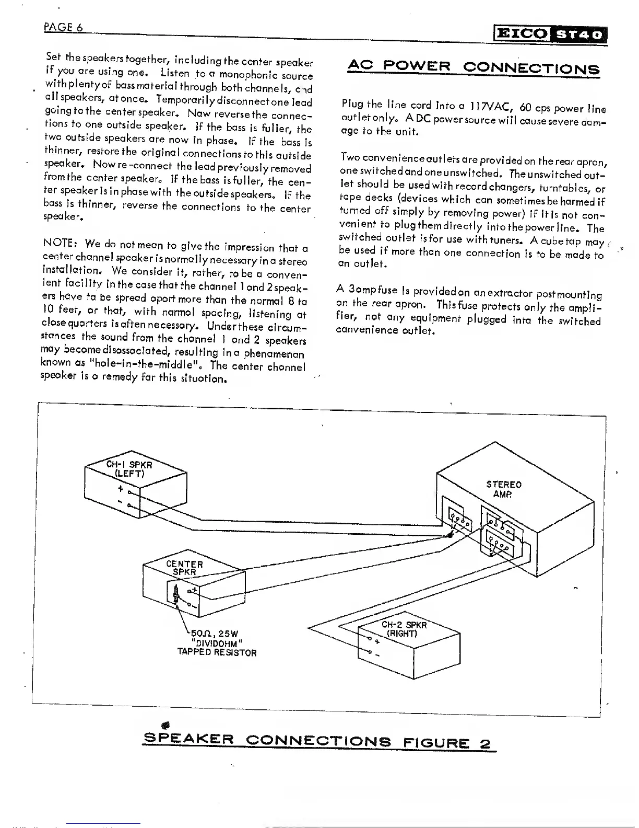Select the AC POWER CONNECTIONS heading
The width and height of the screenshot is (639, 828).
click(x=473, y=68)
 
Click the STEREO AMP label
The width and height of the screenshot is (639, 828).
click(x=504, y=489)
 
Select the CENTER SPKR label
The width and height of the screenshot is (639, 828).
click(x=184, y=568)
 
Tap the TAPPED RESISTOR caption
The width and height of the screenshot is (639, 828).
click(x=217, y=652)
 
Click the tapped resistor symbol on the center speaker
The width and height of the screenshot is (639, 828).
click(x=177, y=593)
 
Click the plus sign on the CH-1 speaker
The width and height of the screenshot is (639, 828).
click(x=120, y=489)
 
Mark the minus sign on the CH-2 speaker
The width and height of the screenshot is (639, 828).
click(x=377, y=655)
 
